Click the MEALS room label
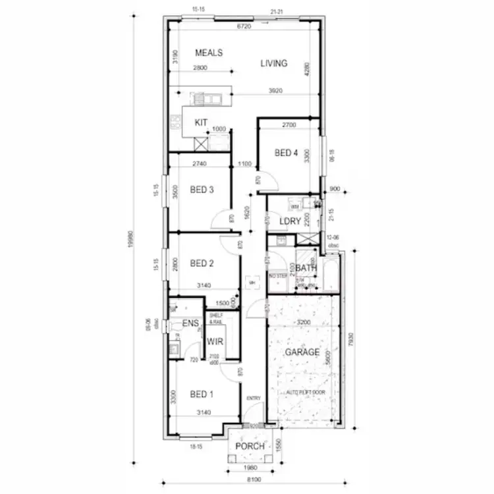[209, 53]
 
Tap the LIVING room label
[273, 64]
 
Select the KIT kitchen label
[202, 123]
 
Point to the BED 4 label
[287, 153]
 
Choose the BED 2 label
[202, 263]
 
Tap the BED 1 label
[202, 395]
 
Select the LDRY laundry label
[290, 221]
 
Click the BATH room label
[306, 268]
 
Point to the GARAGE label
[302, 352]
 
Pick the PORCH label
[250, 447]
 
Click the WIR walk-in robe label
[215, 342]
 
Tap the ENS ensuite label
[190, 323]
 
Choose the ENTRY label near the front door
[254, 398]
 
